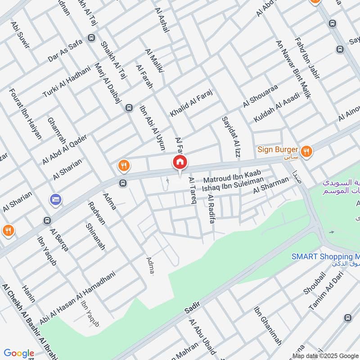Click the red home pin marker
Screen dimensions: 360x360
[x=180, y=162]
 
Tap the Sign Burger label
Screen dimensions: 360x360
[x=278, y=150]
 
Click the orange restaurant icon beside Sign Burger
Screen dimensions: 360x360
[x=306, y=152]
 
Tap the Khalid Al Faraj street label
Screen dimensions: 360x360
[x=190, y=103]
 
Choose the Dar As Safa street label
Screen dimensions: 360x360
[x=66, y=49]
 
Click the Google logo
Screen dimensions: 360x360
[x=19, y=353]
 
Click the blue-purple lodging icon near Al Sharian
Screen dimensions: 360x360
[x=56, y=199]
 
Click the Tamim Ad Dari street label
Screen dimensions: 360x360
[x=322, y=295]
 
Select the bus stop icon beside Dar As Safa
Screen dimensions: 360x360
[x=92, y=38]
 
